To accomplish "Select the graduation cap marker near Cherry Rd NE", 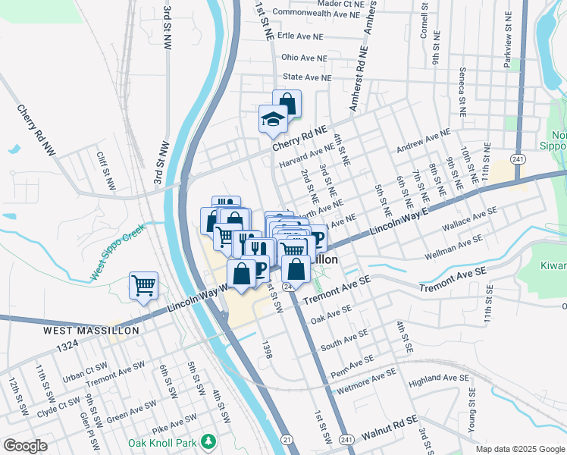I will pyautogui.click(x=273, y=119).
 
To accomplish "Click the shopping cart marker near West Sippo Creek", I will pyautogui.click(x=143, y=286).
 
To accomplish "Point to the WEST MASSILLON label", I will pyautogui.click(x=91, y=331).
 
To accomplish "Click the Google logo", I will pyautogui.click(x=25, y=446).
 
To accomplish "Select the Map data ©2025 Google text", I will pyautogui.click(x=520, y=449).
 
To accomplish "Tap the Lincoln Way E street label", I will pyautogui.click(x=399, y=221).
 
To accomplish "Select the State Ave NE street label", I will pyautogui.click(x=307, y=77).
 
